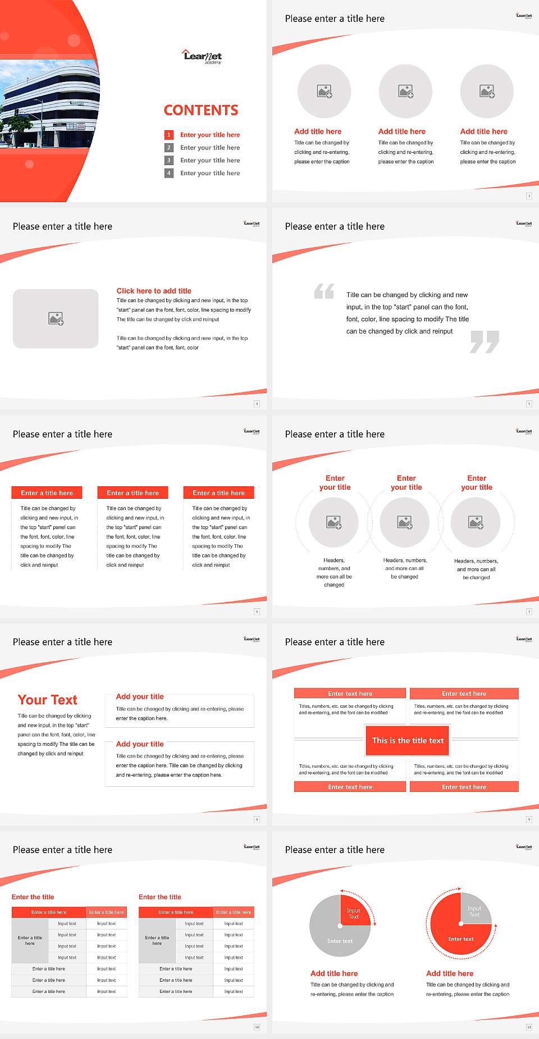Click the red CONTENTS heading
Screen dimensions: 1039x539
pos(201,110)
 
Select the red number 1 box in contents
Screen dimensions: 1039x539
pos(168,135)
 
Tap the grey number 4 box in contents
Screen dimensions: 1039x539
pos(168,173)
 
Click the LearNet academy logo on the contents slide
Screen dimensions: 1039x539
pos(202,56)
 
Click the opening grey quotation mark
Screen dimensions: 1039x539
pos(324,291)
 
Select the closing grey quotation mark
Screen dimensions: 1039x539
pos(485,341)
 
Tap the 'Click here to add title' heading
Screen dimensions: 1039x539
pos(154,291)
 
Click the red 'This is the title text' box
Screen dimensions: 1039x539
pos(408,740)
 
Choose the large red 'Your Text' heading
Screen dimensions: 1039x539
pos(48,700)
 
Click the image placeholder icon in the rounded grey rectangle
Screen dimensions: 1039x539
pos(56,319)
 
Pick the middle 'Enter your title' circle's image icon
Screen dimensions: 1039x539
pos(405,522)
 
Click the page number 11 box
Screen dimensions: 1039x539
pos(529,1027)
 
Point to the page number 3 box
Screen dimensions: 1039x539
pos(529,196)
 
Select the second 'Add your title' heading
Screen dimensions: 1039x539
pos(140,744)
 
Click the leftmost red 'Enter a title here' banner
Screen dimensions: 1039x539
pos(47,493)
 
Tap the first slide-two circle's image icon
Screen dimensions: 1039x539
pos(325,91)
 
